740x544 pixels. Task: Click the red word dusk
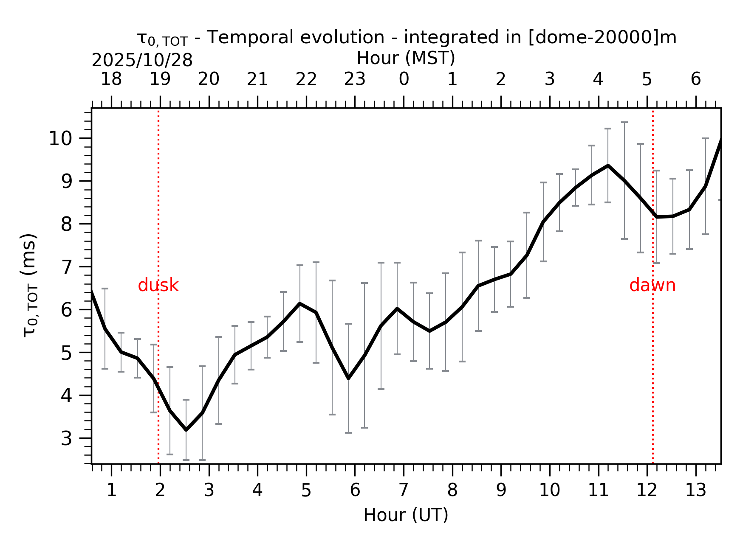pyautogui.click(x=158, y=286)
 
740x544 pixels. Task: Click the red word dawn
pyautogui.click(x=652, y=286)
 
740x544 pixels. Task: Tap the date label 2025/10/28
pyautogui.click(x=142, y=61)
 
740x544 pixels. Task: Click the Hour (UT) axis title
pyautogui.click(x=406, y=515)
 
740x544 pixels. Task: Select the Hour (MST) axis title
pyautogui.click(x=406, y=58)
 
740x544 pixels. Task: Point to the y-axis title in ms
pyautogui.click(x=29, y=285)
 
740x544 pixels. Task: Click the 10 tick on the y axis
pyautogui.click(x=61, y=139)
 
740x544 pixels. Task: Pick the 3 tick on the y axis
pyautogui.click(x=67, y=438)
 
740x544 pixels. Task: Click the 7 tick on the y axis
pyautogui.click(x=67, y=267)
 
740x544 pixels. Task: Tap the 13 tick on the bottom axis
pyautogui.click(x=696, y=491)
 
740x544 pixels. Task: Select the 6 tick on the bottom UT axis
pyautogui.click(x=355, y=491)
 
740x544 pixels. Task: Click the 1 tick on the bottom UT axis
pyautogui.click(x=111, y=491)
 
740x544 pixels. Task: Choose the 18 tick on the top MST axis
pyautogui.click(x=111, y=79)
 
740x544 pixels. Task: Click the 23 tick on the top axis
pyautogui.click(x=355, y=79)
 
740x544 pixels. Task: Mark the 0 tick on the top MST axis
pyautogui.click(x=404, y=79)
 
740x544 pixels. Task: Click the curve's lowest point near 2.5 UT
pyautogui.click(x=186, y=430)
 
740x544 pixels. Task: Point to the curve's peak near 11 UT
pyautogui.click(x=608, y=165)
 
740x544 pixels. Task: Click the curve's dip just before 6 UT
pyautogui.click(x=348, y=378)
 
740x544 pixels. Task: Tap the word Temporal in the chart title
pyautogui.click(x=240, y=38)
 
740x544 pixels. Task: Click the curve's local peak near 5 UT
pyautogui.click(x=300, y=303)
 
